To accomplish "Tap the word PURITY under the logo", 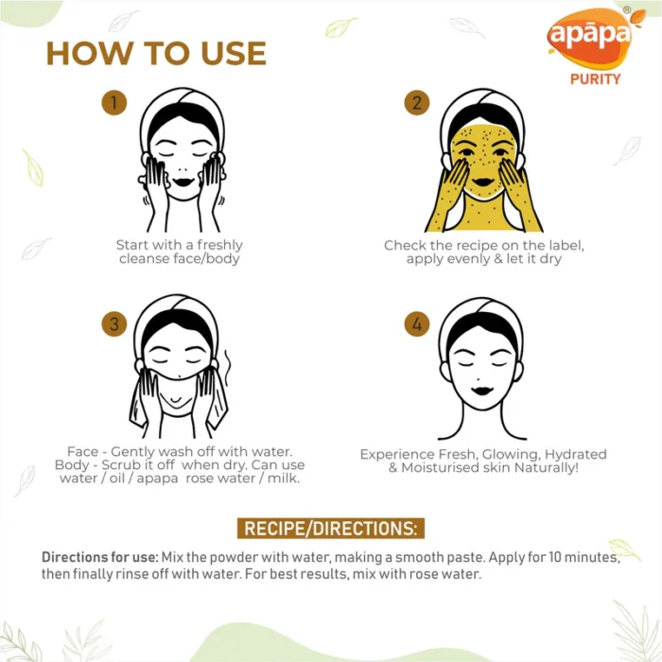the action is (595, 78).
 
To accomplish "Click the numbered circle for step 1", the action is (114, 102).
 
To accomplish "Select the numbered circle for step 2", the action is (417, 102).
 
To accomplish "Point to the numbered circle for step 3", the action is (114, 323).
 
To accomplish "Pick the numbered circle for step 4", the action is (417, 323).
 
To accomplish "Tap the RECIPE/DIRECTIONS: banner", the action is (331, 528).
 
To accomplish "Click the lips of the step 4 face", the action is (482, 390).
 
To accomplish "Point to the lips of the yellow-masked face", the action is (483, 182).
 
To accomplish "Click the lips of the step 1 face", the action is (183, 182).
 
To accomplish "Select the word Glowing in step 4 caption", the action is (511, 454).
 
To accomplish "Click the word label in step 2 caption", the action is (566, 245).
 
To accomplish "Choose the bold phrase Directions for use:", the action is (100, 557).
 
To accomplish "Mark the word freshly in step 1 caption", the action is (220, 245).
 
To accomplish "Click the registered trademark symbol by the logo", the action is (627, 9).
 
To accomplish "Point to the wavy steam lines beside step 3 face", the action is (228, 367).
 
